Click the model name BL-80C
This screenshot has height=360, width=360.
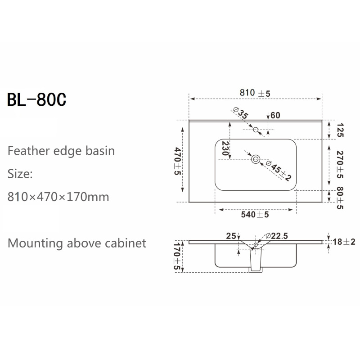37,99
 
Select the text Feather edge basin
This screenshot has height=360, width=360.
61,150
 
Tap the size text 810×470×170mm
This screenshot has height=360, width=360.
58,197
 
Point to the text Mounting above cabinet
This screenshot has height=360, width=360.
77,243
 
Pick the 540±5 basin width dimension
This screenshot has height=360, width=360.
255,215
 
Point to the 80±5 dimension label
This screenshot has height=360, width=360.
340,198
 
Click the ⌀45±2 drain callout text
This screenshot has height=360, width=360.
279,171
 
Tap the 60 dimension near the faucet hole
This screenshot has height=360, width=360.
275,116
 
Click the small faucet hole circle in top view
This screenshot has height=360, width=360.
256,130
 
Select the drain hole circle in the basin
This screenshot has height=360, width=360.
256,158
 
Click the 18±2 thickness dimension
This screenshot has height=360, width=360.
343,242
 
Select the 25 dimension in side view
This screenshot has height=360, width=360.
231,235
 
